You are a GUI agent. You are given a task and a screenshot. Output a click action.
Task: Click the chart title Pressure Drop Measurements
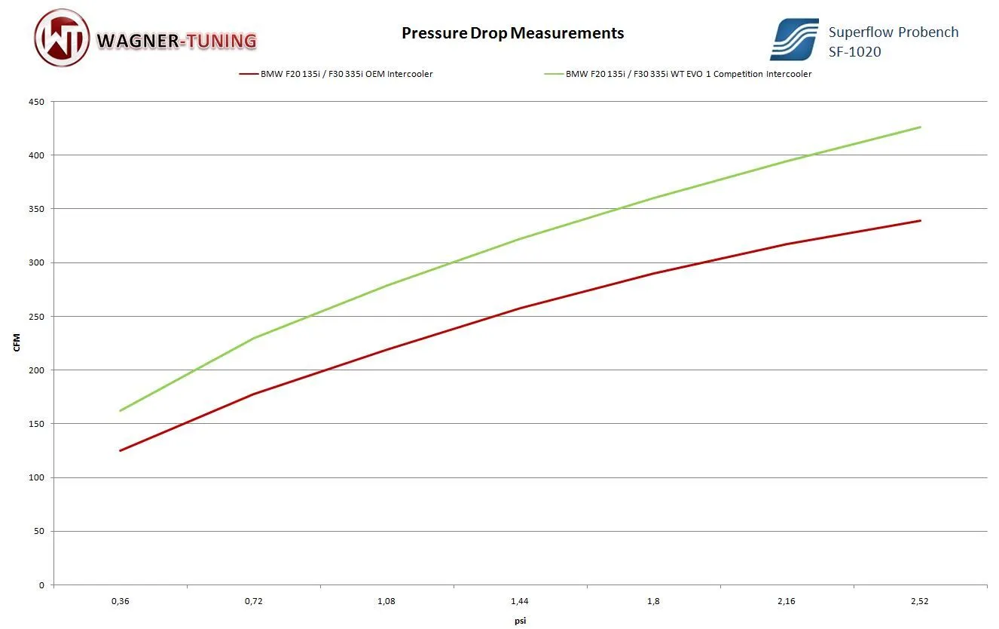512,33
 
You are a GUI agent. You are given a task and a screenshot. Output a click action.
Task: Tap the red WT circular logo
62,38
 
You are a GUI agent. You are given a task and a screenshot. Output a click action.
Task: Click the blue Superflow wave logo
793,39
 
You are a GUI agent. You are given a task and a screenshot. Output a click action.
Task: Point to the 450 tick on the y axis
37,102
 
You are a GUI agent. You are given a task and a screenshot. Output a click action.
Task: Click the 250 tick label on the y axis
37,317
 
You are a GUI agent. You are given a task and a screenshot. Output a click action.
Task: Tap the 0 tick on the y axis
42,585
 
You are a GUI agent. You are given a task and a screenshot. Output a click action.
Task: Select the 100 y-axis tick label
37,477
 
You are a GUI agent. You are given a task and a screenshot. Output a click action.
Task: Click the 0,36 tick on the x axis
120,602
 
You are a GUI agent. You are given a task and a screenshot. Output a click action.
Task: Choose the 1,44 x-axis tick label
519,602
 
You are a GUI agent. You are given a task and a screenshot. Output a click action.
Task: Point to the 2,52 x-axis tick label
920,602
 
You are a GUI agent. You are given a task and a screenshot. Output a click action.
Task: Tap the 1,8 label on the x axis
653,602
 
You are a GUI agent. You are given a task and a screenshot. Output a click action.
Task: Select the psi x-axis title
520,621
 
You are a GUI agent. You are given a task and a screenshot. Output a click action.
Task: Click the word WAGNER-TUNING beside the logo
177,40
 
